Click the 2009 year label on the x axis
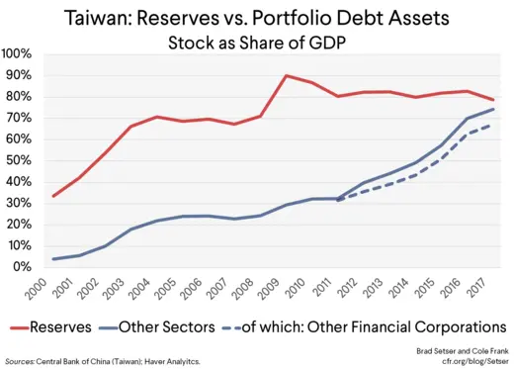point(286,291)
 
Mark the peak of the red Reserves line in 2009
point(287,75)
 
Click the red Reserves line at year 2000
point(52,196)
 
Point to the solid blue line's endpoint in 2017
point(494,109)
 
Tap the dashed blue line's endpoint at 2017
point(494,125)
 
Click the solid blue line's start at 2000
point(52,259)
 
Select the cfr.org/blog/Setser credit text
point(467,361)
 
